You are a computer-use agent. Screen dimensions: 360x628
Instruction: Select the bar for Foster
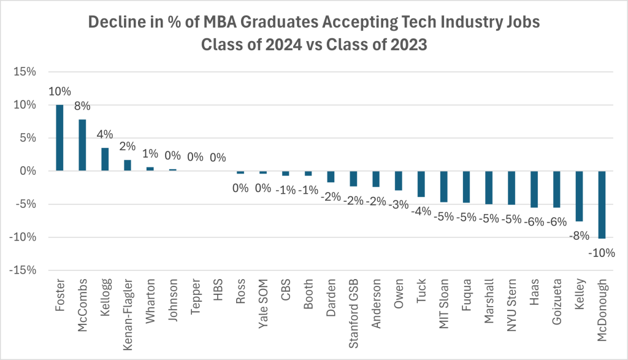59,138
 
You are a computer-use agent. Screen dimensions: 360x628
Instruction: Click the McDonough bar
602,204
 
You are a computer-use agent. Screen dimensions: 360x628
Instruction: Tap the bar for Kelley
579,196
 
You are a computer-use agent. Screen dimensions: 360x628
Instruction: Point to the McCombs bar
82,145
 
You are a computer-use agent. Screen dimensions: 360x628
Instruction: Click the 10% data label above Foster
59,93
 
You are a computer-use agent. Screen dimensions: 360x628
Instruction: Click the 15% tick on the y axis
25,72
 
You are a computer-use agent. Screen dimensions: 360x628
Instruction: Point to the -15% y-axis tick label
23,270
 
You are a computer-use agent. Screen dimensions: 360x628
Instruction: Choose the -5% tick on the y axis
25,204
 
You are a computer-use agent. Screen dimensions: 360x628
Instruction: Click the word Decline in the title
113,22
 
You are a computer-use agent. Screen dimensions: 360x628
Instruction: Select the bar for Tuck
421,184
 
